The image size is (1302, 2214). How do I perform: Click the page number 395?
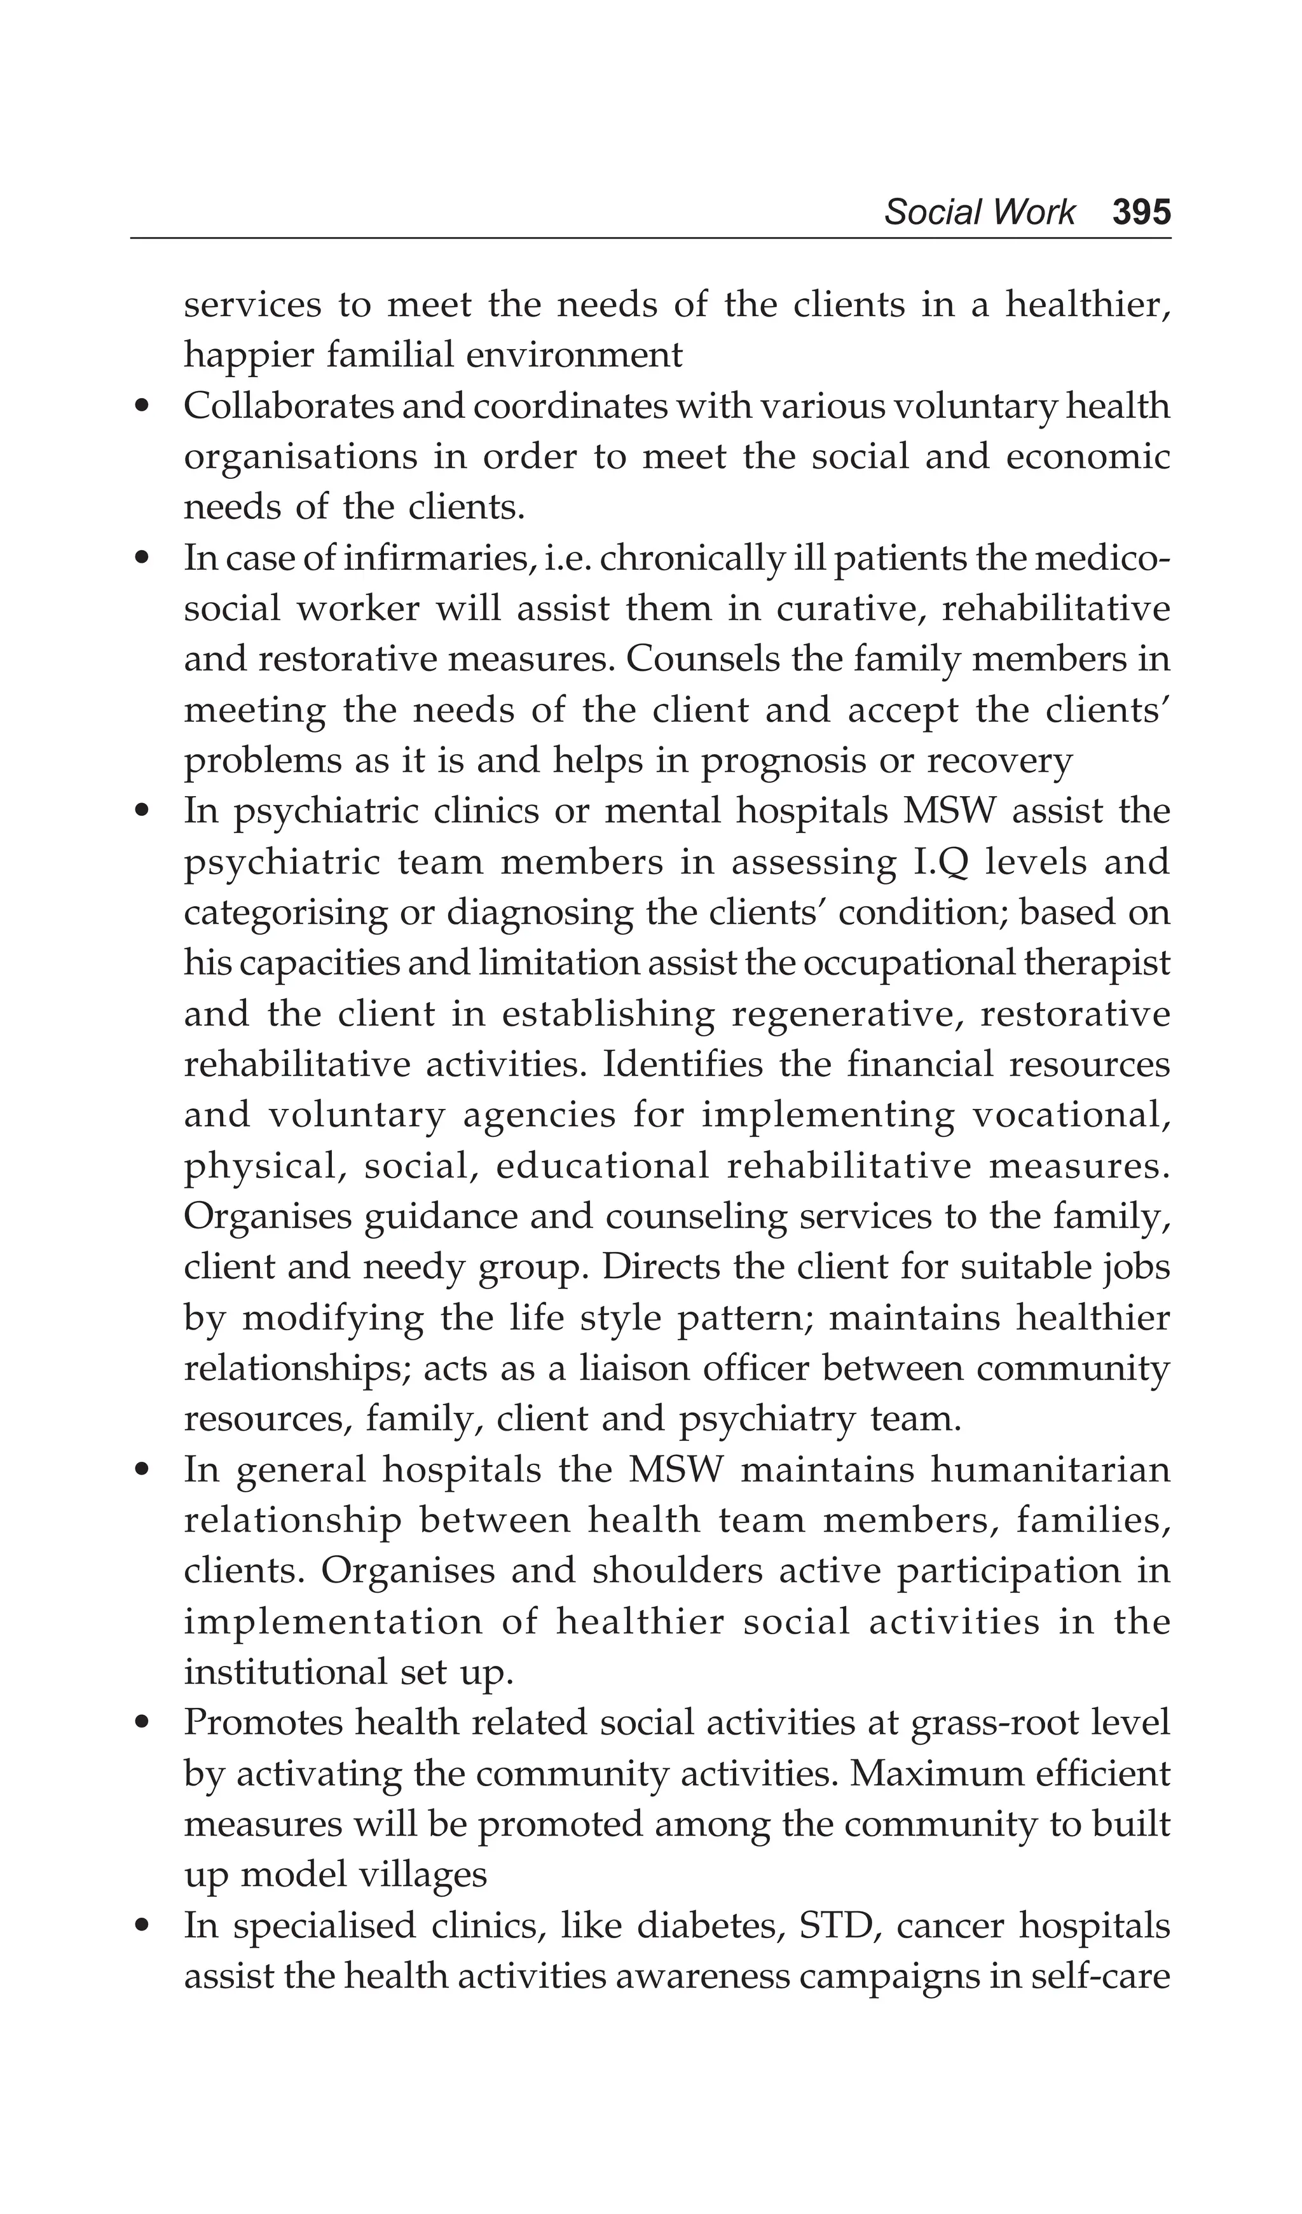(1141, 212)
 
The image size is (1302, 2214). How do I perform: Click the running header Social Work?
(978, 212)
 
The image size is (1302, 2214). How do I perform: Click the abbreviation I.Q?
(935, 862)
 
